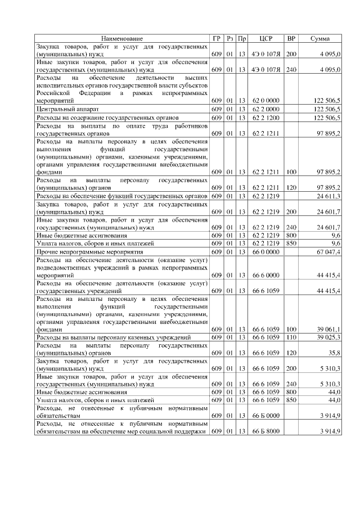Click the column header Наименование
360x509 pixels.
click(x=121, y=38)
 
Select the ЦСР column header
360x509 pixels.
click(x=266, y=38)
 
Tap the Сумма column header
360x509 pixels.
click(x=319, y=38)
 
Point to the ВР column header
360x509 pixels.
click(x=291, y=38)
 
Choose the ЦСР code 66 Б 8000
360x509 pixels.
click(x=265, y=431)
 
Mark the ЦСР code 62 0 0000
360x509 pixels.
click(x=265, y=100)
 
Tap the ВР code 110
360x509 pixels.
click(x=291, y=337)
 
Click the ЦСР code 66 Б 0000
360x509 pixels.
click(x=265, y=416)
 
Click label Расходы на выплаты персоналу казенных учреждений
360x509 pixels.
click(x=113, y=337)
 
